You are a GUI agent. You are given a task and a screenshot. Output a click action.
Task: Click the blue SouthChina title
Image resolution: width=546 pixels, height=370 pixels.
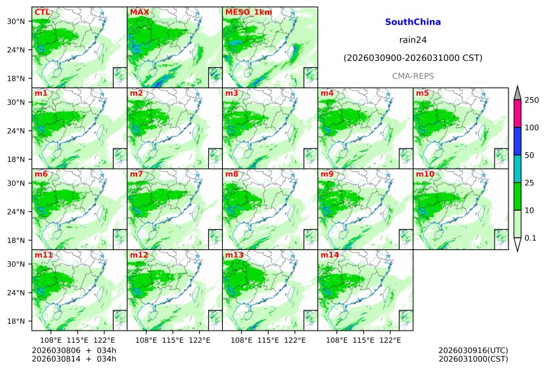(413, 22)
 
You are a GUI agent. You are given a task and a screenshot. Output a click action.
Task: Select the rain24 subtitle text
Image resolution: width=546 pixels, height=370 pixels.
(413, 39)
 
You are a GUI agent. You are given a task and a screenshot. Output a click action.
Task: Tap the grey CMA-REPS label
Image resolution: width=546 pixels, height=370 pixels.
(413, 76)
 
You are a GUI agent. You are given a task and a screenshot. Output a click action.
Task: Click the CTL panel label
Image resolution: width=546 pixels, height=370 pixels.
(43, 12)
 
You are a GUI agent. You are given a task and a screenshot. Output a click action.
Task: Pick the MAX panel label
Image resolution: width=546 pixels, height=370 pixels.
(139, 12)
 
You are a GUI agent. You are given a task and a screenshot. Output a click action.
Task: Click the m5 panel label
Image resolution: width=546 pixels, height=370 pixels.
(422, 93)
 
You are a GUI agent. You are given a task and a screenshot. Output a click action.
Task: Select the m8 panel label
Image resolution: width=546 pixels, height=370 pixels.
(232, 174)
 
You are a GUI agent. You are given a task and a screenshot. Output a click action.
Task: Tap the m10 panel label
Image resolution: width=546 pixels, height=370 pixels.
(425, 174)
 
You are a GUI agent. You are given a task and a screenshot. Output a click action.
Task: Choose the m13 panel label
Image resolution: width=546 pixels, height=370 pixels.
(234, 255)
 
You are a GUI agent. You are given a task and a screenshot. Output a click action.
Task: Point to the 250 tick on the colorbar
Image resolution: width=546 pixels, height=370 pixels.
(531, 100)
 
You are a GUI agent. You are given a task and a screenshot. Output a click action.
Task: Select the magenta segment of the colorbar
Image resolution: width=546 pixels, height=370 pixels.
(517, 114)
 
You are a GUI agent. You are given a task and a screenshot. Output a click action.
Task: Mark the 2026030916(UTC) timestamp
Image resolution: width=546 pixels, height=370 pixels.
(473, 350)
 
